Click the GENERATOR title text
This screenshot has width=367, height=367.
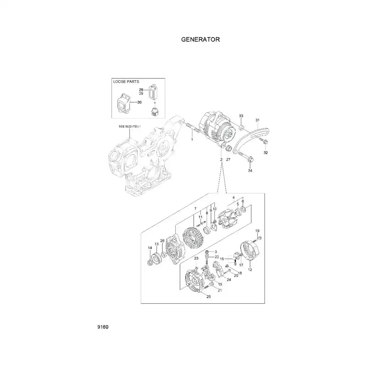[x=201, y=39]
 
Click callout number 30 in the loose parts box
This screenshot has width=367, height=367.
[x=139, y=102]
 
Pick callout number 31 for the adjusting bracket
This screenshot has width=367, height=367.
[x=258, y=120]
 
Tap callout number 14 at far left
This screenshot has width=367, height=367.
[x=150, y=248]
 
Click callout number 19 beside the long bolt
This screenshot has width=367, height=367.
[x=257, y=230]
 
